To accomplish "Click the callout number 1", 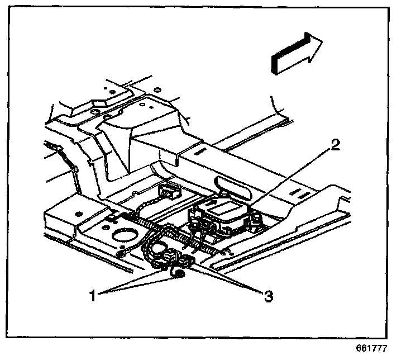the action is click(x=92, y=296).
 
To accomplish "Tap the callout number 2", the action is click(x=334, y=145).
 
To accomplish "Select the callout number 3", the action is click(x=268, y=297).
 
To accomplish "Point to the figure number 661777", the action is click(x=371, y=348).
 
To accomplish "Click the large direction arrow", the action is click(x=296, y=53).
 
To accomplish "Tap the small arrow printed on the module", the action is click(x=212, y=203).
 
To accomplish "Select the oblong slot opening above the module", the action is click(x=234, y=187).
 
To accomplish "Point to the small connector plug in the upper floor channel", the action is click(x=170, y=192).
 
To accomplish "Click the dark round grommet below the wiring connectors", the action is click(x=178, y=274).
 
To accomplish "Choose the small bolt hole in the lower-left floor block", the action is click(x=78, y=214).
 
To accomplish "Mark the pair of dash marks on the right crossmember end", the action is click(x=299, y=193).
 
